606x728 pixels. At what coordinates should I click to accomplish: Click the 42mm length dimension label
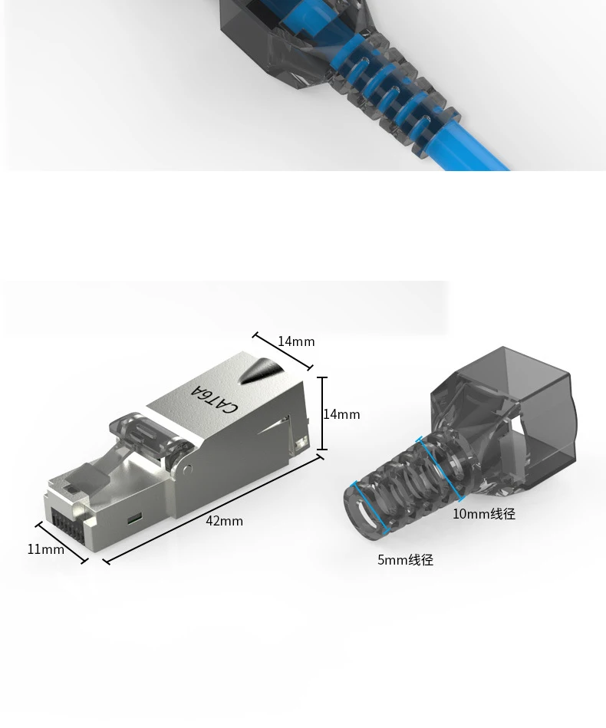coord(224,521)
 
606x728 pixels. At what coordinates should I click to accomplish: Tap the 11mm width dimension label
coord(46,549)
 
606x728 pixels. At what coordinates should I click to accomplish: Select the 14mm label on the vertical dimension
coord(342,414)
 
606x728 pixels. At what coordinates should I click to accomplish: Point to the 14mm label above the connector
coord(296,341)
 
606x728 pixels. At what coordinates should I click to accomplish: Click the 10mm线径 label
coord(484,514)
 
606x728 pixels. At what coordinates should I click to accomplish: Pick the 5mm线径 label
coord(405,560)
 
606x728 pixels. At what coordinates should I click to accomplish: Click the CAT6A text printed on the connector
coord(214,398)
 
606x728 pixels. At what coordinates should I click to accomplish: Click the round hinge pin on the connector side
coord(186,468)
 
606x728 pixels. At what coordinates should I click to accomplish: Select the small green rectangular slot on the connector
coord(134,518)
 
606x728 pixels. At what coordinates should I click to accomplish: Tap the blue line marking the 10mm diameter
coord(442,469)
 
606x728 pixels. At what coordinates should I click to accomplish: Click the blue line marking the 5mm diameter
coord(371,508)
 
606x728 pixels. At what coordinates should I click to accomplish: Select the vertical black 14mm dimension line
coord(324,413)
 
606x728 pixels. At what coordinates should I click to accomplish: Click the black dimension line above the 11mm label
coord(62,543)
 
